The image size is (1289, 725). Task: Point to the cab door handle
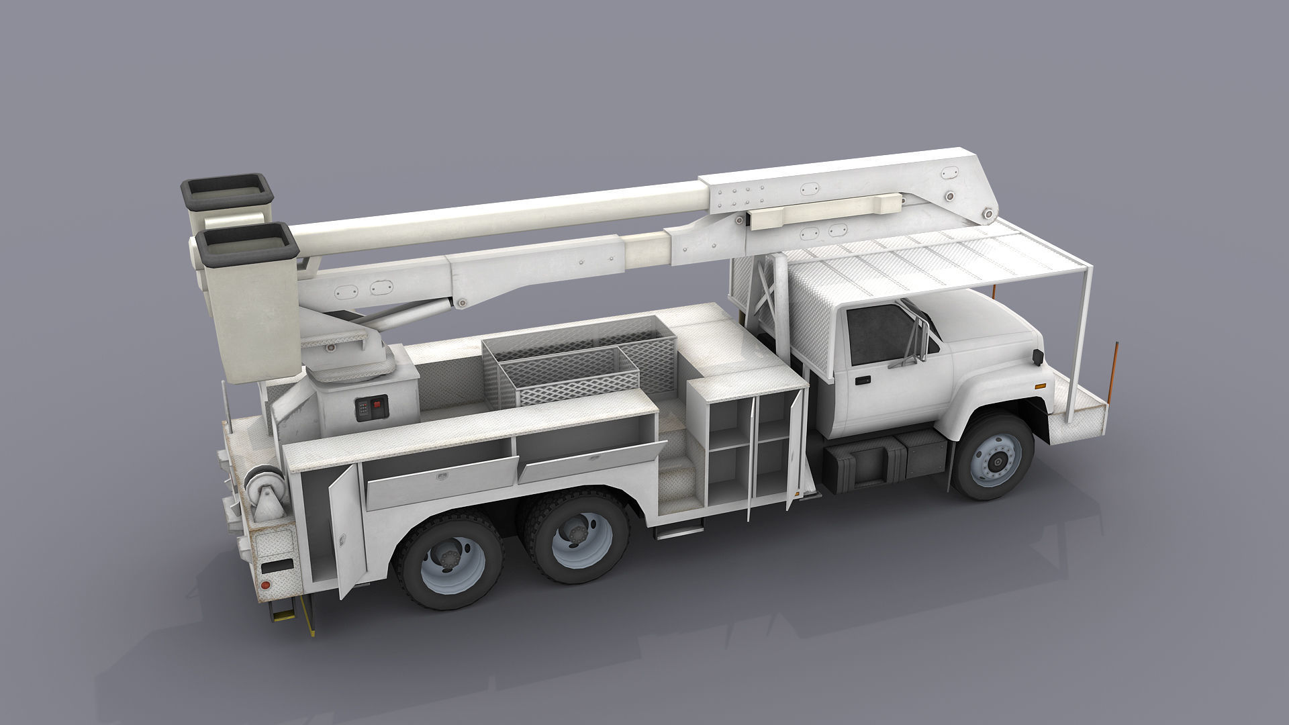[862, 381]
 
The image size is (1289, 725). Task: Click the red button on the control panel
[377, 404]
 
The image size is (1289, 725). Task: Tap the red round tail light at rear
[265, 586]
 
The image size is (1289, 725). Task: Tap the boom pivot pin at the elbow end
[988, 215]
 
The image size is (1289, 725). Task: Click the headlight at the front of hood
[1038, 357]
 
